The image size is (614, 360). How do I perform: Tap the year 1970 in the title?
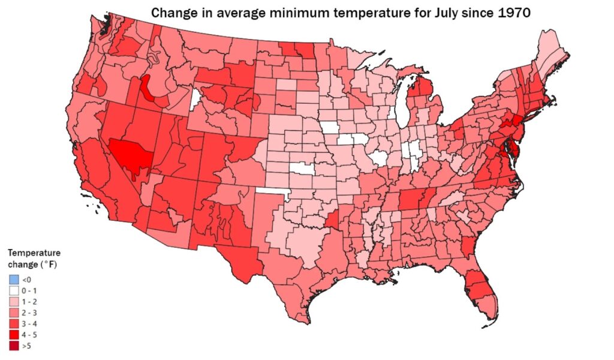pyautogui.click(x=509, y=13)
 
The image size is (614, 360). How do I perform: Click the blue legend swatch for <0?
pyautogui.click(x=14, y=280)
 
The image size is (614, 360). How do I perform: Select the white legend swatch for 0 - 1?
pyautogui.click(x=14, y=290)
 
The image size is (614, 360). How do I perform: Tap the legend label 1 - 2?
pyautogui.click(x=29, y=302)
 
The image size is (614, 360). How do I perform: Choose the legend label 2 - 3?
pyautogui.click(x=29, y=313)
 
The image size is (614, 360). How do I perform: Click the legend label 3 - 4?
pyautogui.click(x=29, y=323)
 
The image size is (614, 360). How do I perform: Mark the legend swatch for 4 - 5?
pyautogui.click(x=14, y=335)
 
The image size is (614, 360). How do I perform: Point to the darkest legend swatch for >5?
pyautogui.click(x=14, y=346)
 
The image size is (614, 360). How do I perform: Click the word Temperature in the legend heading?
pyautogui.click(x=34, y=253)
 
